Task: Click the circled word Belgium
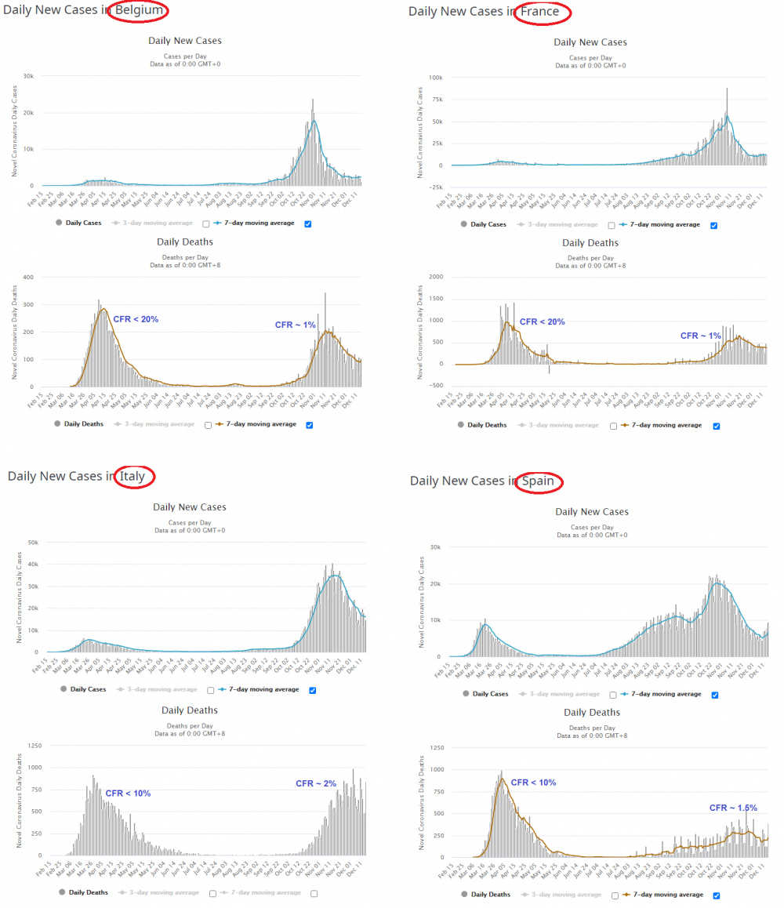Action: (x=139, y=11)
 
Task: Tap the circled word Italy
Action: (x=133, y=476)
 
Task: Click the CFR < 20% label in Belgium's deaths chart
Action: (x=136, y=319)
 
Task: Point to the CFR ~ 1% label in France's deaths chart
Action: (x=700, y=336)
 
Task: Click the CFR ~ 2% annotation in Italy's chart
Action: (x=316, y=783)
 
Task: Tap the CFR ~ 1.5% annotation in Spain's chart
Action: (x=733, y=808)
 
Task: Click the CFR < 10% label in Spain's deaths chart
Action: (x=533, y=783)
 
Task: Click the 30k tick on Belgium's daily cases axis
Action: (x=28, y=76)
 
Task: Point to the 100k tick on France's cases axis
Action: (x=436, y=78)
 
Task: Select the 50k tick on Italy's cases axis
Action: (x=34, y=542)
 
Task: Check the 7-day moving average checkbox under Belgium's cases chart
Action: (x=307, y=223)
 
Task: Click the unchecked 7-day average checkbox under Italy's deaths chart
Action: (x=314, y=892)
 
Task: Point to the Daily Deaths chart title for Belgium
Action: (x=185, y=242)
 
